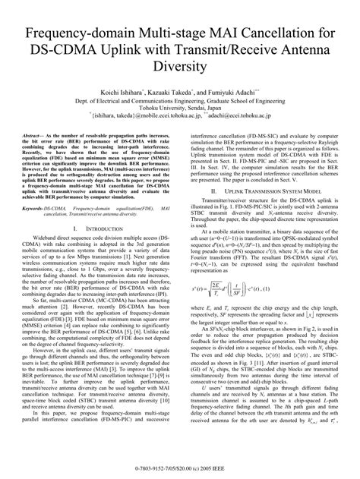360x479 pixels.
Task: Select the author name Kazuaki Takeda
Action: [174, 90]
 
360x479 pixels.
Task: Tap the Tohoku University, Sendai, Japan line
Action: [180, 108]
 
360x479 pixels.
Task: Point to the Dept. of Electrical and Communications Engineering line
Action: [180, 99]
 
